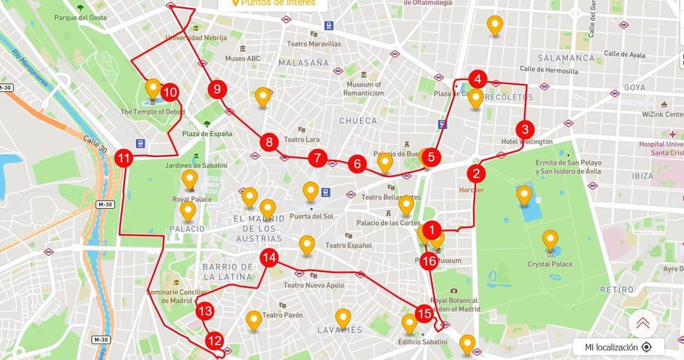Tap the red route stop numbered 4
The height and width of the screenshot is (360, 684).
pyautogui.click(x=478, y=79)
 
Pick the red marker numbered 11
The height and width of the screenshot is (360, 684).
pyautogui.click(x=124, y=158)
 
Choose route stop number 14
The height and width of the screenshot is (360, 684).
pyautogui.click(x=269, y=258)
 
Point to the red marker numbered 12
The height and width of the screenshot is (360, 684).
pyautogui.click(x=214, y=341)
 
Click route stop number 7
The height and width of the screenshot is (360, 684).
pyautogui.click(x=318, y=158)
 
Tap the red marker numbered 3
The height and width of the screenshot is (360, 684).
pyautogui.click(x=525, y=130)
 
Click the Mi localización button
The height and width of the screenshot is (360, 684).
pyautogui.click(x=618, y=347)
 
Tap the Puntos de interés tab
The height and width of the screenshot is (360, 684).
pyautogui.click(x=275, y=4)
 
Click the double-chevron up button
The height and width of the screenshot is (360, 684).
pyautogui.click(x=643, y=323)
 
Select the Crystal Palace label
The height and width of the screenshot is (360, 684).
pyautogui.click(x=550, y=264)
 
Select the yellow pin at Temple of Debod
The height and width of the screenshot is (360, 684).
pyautogui.click(x=152, y=88)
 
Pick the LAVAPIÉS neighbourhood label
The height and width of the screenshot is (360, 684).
pyautogui.click(x=340, y=329)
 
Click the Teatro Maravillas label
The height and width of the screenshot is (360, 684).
pyautogui.click(x=314, y=43)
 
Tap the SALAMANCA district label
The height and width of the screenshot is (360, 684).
pyautogui.click(x=566, y=58)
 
